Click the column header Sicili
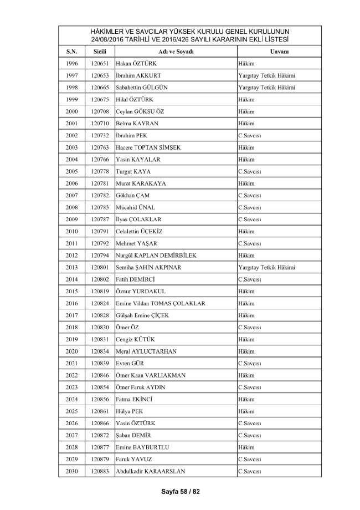click(100, 52)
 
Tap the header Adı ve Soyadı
click(176, 52)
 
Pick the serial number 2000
click(71, 111)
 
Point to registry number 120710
click(100, 123)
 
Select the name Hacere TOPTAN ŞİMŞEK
click(148, 147)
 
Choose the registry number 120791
click(100, 231)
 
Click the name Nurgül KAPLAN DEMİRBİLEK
click(156, 255)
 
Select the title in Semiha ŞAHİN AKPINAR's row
click(266, 267)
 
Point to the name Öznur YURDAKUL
click(141, 291)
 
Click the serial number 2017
click(71, 315)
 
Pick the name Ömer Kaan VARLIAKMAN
click(151, 375)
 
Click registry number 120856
click(100, 399)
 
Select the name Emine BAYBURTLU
click(143, 447)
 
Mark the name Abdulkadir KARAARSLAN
click(150, 471)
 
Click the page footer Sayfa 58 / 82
click(180, 491)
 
